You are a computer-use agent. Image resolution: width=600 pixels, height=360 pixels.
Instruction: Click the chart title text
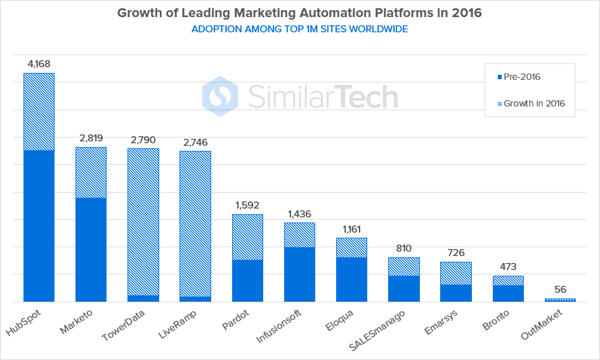[300, 13]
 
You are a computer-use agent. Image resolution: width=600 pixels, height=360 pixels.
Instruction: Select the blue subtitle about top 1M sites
[300, 29]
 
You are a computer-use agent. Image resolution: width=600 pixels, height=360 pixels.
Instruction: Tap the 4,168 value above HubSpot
[39, 63]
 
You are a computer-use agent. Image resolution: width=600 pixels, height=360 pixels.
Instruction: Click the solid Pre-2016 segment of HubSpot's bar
[39, 226]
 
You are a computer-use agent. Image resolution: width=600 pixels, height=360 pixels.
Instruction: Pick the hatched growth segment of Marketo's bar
[91, 172]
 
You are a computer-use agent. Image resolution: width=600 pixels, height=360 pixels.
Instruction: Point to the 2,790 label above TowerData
[143, 139]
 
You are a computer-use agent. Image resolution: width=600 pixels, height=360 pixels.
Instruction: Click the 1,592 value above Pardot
[247, 205]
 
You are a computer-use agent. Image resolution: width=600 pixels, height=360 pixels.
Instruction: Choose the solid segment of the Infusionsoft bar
[299, 274]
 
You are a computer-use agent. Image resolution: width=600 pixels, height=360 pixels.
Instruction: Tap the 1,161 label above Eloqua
[351, 229]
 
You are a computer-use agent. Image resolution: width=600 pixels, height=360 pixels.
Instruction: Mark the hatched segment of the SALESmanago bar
[404, 266]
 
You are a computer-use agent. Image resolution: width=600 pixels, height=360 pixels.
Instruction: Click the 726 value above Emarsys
[456, 253]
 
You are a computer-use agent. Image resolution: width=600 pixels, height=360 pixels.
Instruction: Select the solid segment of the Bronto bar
[508, 293]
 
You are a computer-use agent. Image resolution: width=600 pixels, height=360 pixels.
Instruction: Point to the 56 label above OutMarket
[560, 290]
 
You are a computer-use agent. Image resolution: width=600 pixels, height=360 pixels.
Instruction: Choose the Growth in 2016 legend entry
[531, 103]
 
